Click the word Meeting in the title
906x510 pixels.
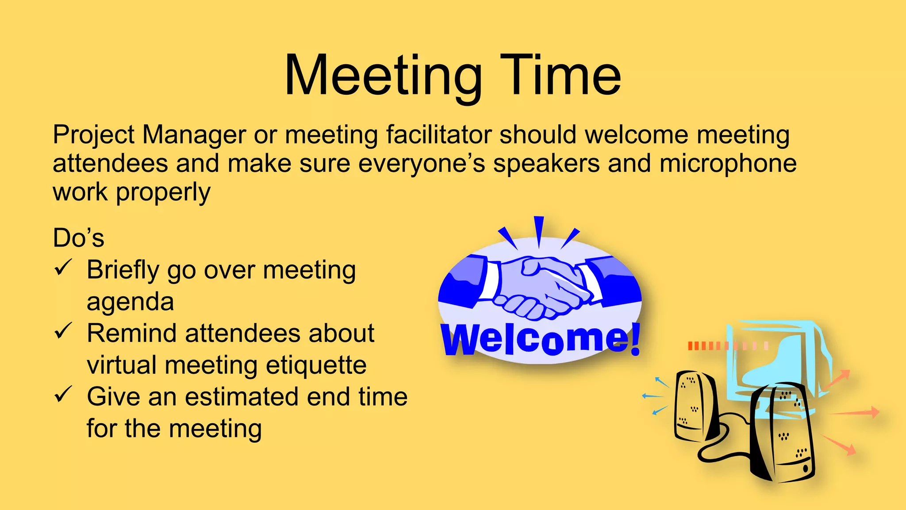[383, 75]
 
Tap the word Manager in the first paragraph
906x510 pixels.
[194, 135]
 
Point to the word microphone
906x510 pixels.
[728, 163]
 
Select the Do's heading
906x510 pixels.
[78, 238]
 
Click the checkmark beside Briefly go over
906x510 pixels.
[63, 267]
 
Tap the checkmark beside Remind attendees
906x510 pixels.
[63, 331]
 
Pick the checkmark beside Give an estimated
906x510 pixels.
[63, 394]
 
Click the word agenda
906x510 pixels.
[130, 302]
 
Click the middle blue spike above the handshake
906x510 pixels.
[539, 231]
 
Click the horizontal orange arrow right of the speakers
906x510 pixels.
[856, 413]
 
